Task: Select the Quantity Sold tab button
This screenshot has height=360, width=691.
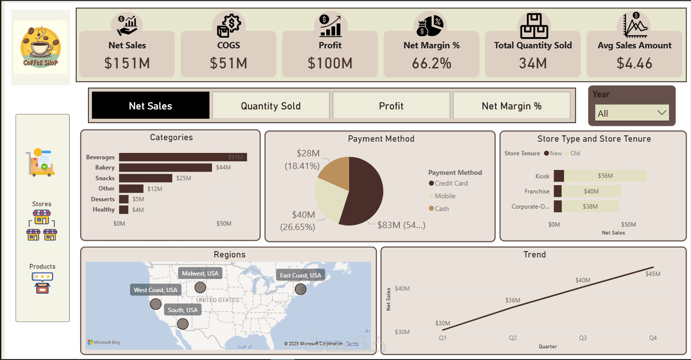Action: (271, 106)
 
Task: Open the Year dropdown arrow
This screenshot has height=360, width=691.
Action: (662, 113)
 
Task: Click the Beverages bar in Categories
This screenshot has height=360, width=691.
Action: (183, 157)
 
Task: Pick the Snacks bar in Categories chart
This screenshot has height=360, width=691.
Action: (146, 178)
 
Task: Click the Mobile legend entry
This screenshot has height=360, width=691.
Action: (445, 196)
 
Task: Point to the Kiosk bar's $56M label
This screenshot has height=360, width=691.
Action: (605, 176)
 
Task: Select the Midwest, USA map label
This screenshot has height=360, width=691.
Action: (200, 274)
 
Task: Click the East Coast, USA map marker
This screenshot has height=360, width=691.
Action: (300, 289)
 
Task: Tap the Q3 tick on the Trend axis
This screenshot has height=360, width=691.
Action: (583, 338)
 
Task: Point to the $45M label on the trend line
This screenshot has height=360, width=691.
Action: (652, 274)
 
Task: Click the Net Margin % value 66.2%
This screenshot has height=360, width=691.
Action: (431, 63)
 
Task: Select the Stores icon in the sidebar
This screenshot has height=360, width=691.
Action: (42, 225)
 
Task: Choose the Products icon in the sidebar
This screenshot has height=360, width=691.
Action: (42, 283)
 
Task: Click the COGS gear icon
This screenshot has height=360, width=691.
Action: (229, 25)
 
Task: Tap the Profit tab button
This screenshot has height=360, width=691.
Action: (391, 106)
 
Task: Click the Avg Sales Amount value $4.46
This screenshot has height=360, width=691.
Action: (634, 63)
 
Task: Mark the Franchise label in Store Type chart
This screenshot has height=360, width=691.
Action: (537, 191)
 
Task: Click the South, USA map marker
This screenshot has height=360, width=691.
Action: (183, 323)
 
